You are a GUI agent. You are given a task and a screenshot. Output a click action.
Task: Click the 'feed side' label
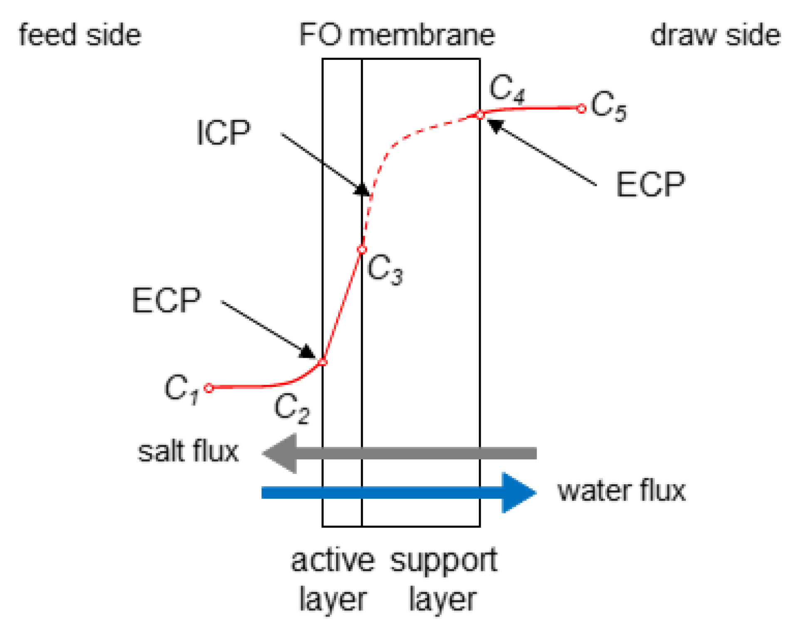[80, 35]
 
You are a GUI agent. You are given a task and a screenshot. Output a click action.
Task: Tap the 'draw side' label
[715, 35]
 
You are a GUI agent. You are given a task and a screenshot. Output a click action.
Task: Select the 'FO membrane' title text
[397, 35]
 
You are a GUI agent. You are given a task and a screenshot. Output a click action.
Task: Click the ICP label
[223, 132]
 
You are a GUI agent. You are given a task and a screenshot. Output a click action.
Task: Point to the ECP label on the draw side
[650, 184]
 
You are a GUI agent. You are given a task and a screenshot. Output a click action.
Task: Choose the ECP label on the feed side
[166, 300]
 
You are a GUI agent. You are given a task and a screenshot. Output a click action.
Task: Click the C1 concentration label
[181, 389]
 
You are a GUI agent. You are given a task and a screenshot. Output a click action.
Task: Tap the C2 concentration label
[291, 409]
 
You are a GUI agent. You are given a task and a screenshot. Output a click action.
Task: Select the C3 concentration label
[385, 270]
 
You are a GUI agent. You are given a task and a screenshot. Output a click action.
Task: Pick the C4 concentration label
[507, 88]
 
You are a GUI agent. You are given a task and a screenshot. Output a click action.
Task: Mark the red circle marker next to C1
[209, 388]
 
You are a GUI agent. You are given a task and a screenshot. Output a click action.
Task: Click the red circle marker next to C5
[581, 109]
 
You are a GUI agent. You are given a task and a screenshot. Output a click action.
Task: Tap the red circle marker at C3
[362, 250]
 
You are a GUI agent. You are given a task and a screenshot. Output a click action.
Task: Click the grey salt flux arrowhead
[281, 453]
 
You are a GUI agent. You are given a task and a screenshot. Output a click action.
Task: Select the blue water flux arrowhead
[518, 493]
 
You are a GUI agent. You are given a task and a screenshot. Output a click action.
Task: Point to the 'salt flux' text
[188, 452]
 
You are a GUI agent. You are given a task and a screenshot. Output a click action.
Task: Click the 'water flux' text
[621, 491]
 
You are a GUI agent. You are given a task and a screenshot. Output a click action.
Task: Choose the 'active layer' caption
[333, 580]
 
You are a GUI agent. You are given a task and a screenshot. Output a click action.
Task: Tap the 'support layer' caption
[443, 580]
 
